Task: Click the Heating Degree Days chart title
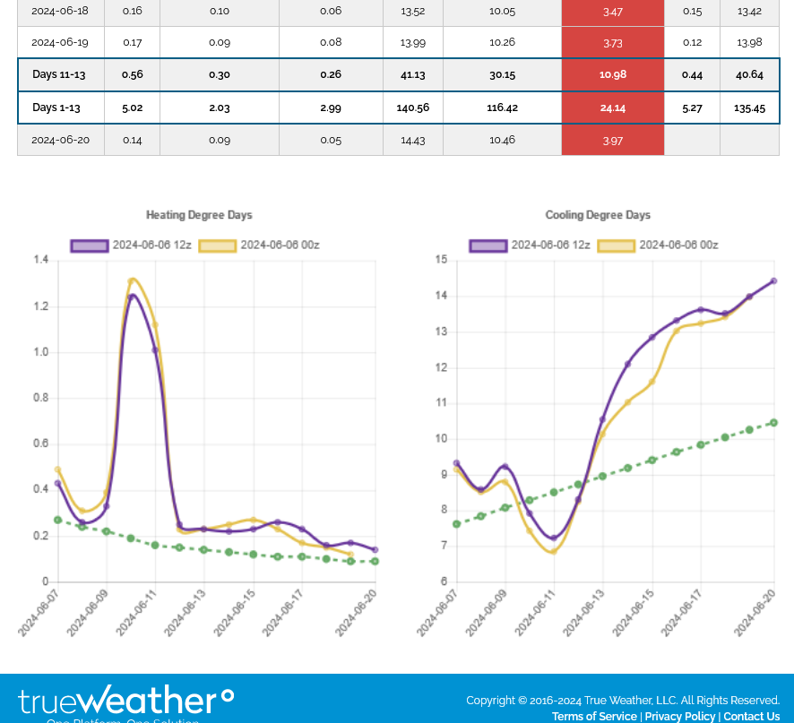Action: (x=199, y=215)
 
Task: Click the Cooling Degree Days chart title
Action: (x=598, y=215)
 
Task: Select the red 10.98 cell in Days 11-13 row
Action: (x=613, y=75)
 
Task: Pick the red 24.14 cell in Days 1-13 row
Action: (x=613, y=108)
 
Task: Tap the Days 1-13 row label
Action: (x=56, y=108)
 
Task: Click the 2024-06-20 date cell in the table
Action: (x=60, y=141)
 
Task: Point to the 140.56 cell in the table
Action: (x=413, y=108)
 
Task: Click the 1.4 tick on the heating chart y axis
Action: (x=41, y=260)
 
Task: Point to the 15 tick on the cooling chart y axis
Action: (x=441, y=260)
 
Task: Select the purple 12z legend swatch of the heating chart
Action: (x=90, y=245)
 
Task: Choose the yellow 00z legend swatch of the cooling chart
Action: (x=616, y=245)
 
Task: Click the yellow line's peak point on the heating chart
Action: (x=132, y=280)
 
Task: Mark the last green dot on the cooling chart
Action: (x=773, y=423)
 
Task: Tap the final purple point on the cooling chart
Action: (x=773, y=281)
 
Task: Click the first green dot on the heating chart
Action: (x=57, y=520)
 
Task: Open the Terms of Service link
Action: (x=594, y=717)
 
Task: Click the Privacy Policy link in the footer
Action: (x=679, y=717)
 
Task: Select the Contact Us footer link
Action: (x=751, y=717)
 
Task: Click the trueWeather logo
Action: (x=125, y=701)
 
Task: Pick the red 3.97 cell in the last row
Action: (x=613, y=141)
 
